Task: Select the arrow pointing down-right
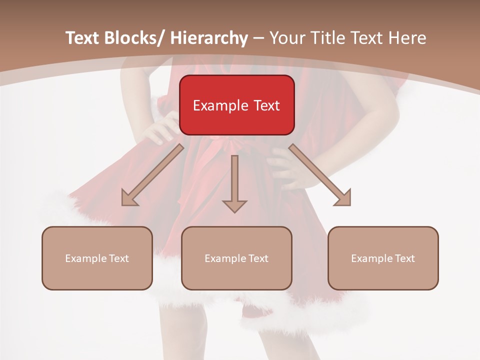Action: [x=320, y=175]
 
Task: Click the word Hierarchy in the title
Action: [x=209, y=38]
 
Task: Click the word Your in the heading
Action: [x=286, y=38]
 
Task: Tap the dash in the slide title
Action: [x=258, y=38]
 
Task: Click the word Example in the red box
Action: [x=220, y=106]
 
